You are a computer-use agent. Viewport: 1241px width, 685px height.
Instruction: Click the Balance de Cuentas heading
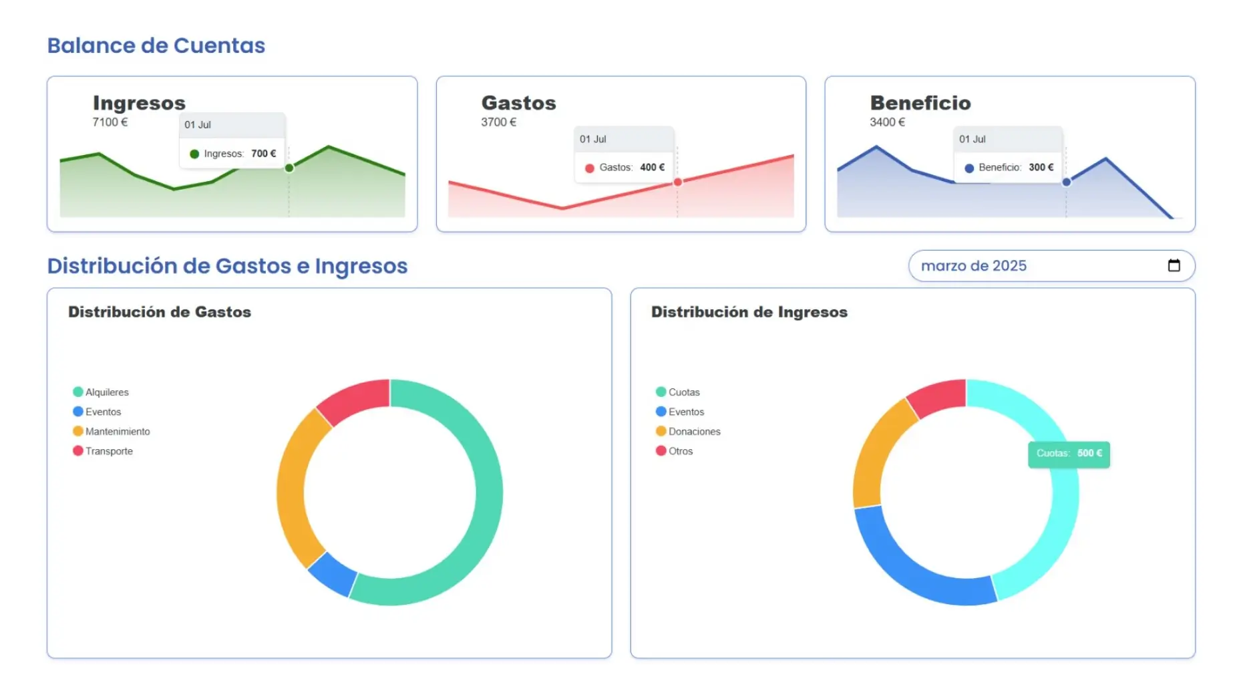156,45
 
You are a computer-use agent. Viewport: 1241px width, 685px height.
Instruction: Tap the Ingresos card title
139,103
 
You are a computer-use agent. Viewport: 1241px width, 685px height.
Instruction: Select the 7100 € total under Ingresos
110,122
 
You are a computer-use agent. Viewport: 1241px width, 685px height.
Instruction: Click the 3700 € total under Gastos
498,122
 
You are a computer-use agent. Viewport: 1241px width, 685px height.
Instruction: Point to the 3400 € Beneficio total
887,122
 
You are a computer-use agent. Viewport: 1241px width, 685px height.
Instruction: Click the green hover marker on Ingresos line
289,168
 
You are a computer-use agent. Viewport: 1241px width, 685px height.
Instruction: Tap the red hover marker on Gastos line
677,182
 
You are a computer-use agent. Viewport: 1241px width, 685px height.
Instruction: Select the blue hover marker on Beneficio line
1066,182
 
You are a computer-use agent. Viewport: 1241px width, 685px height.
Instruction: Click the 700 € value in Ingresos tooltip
263,154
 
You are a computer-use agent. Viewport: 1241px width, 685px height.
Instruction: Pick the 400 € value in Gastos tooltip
652,168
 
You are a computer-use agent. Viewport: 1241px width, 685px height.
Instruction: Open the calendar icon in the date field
1174,265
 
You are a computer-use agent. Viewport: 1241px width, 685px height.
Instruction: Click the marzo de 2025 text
973,266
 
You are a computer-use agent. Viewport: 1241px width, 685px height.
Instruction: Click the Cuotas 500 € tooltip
1068,454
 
